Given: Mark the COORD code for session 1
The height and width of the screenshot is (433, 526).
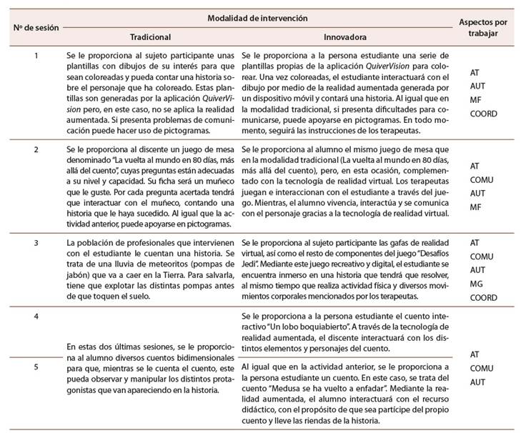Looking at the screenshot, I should (x=483, y=113).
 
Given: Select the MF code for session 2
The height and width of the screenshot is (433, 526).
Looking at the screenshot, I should (x=475, y=207).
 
